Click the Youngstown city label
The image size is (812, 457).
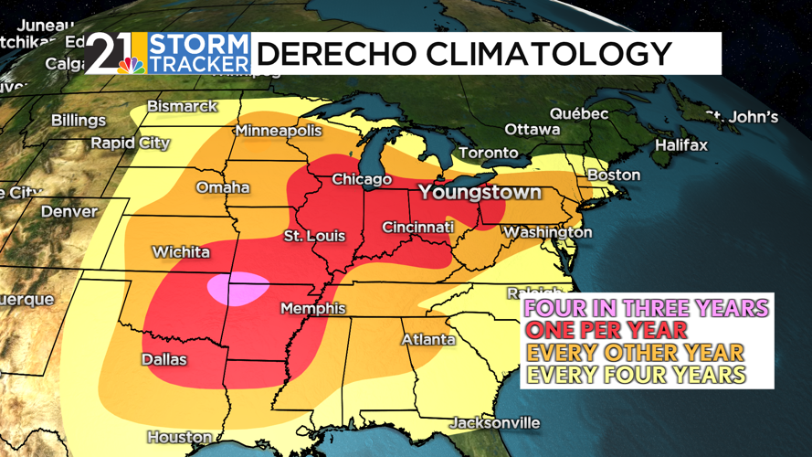[480, 194]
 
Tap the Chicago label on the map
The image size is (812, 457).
[361, 180]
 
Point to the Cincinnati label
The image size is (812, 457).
[417, 227]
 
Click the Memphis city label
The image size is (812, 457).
[312, 308]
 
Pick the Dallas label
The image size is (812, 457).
[163, 359]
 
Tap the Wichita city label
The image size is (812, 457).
[182, 252]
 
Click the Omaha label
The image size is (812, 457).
[223, 187]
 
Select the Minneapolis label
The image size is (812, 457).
[279, 131]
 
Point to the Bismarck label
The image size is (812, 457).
[183, 106]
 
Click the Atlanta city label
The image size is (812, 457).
[428, 340]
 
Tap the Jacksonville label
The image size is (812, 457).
[494, 423]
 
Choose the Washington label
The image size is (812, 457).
[547, 232]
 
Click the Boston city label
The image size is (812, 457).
[614, 175]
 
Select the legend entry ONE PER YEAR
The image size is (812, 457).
[605, 330]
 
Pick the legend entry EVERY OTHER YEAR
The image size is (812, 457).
[634, 353]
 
